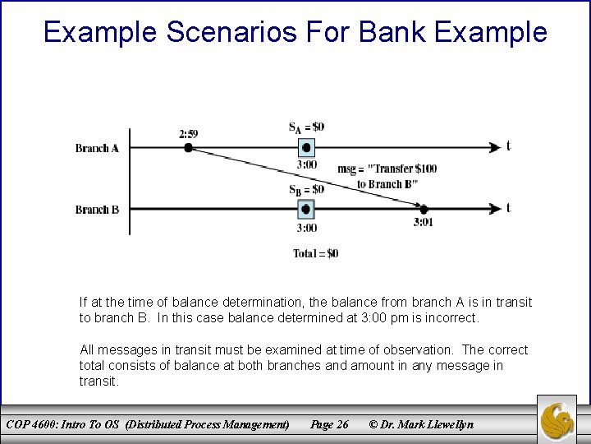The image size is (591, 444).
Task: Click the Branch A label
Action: click(97, 148)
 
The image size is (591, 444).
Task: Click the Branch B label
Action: click(97, 210)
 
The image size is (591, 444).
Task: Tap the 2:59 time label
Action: click(188, 133)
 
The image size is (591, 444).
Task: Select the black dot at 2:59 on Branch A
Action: click(188, 148)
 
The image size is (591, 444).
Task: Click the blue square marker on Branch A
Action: click(306, 148)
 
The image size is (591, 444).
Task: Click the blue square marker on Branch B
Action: click(306, 210)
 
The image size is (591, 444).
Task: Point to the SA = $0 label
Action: click(306, 127)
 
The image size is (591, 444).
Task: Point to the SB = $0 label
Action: click(306, 189)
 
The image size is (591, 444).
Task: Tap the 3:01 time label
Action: click(424, 222)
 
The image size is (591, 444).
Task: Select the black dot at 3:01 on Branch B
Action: click(424, 209)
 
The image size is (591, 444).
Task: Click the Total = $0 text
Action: click(315, 253)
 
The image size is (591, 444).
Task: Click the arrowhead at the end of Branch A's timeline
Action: click(494, 148)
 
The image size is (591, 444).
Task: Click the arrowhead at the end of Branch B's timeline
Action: click(494, 210)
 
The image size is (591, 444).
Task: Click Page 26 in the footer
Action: click(329, 424)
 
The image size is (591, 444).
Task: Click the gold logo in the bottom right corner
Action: click(557, 419)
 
